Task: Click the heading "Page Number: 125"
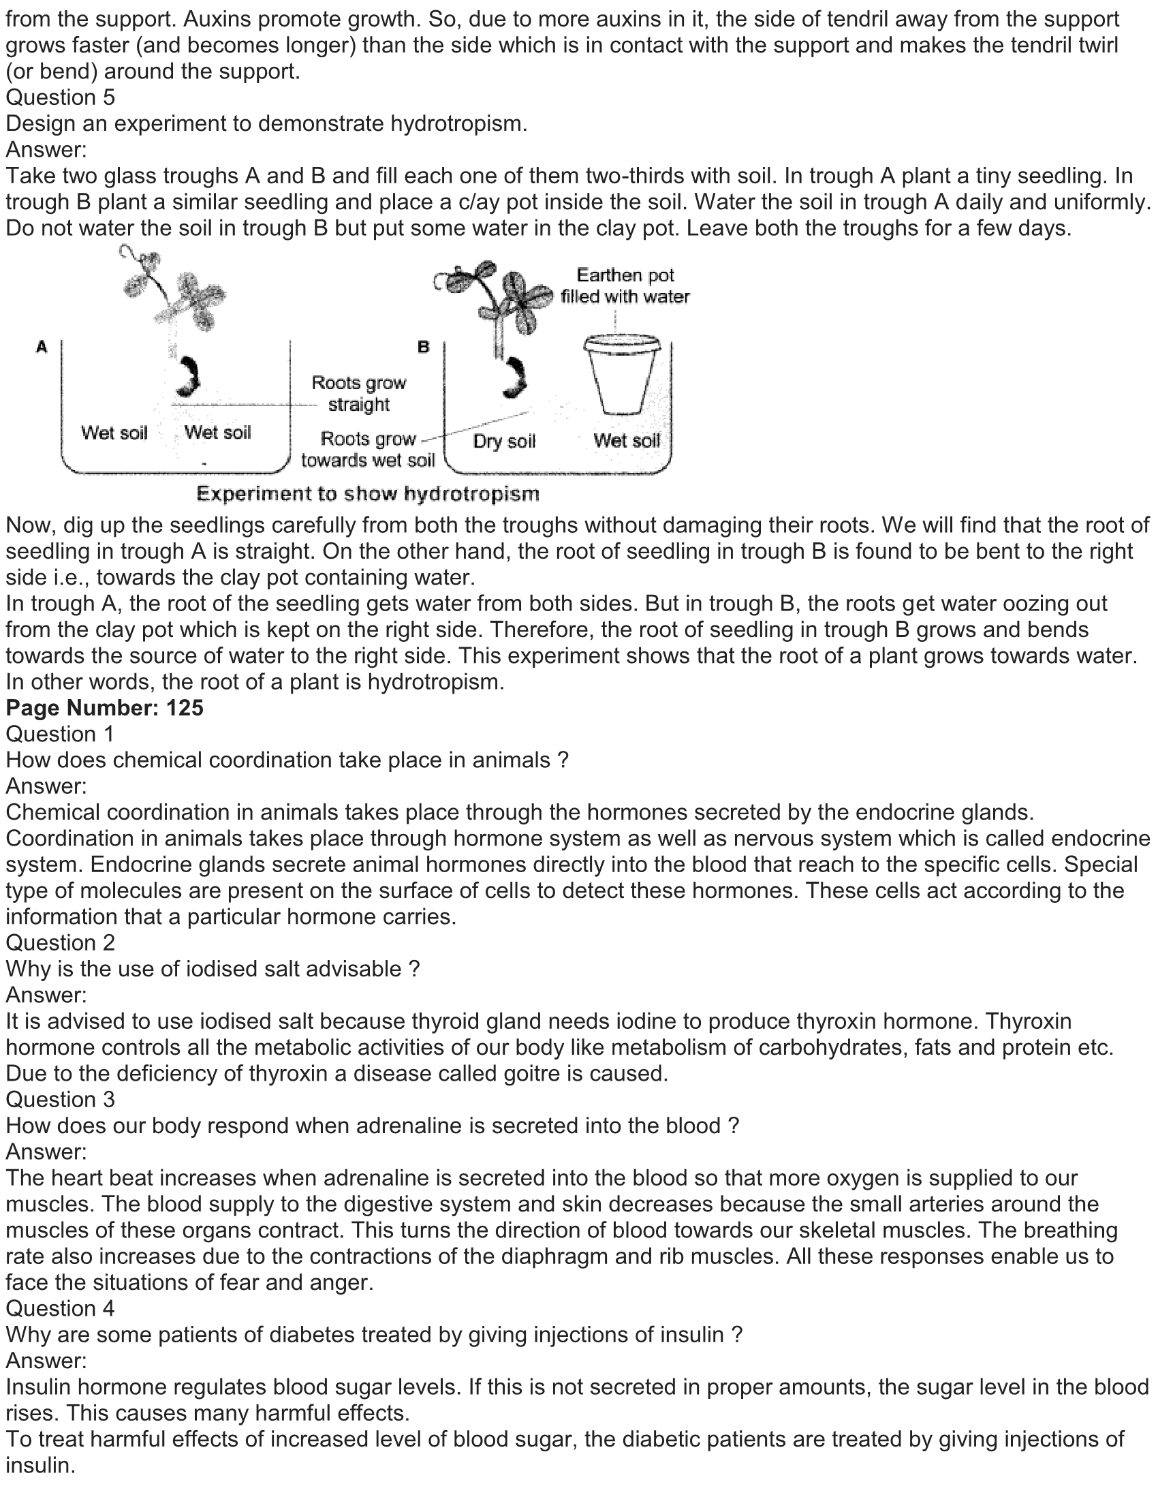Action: click(x=105, y=708)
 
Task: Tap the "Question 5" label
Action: click(x=61, y=97)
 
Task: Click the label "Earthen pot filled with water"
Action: click(x=624, y=285)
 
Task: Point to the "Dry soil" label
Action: click(x=503, y=441)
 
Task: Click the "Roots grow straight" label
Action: click(x=359, y=393)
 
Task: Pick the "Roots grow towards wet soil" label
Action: click(x=369, y=449)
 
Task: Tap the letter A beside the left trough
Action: click(x=42, y=347)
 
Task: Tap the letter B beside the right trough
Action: click(x=423, y=347)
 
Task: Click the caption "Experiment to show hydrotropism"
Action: click(x=368, y=493)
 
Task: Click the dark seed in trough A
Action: click(x=187, y=377)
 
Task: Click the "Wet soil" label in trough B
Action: click(x=626, y=440)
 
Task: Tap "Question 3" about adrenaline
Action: click(x=61, y=1100)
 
